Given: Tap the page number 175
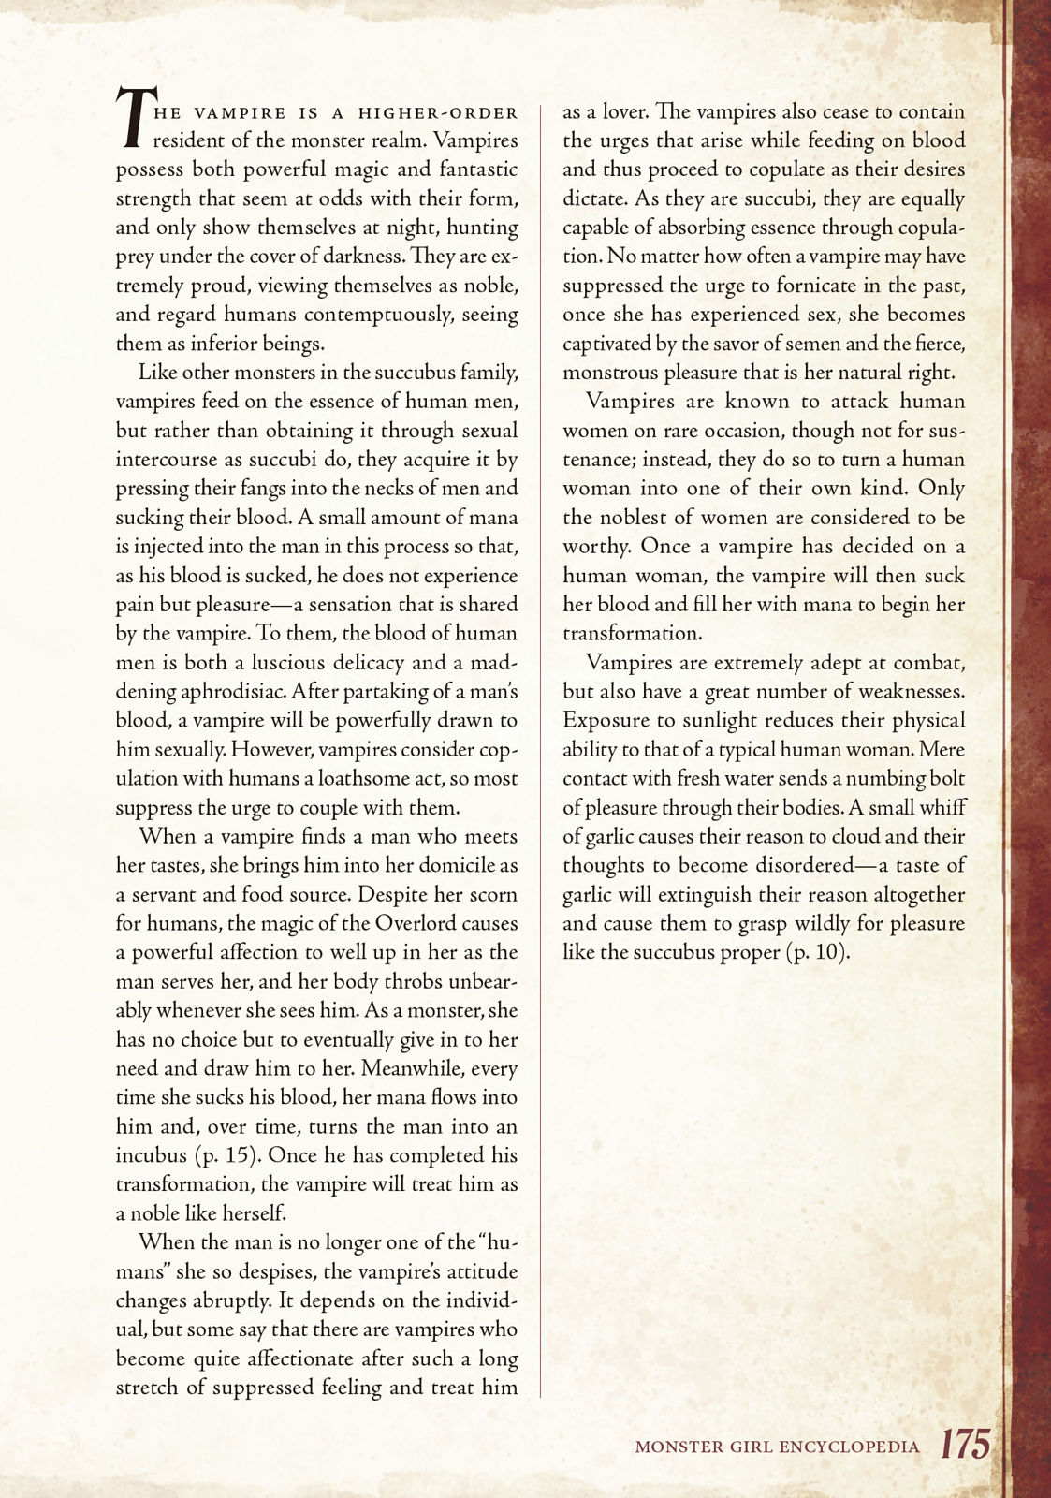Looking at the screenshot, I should pyautogui.click(x=965, y=1444).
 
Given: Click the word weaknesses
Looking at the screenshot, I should pyautogui.click(x=907, y=692).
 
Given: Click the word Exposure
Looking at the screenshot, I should pyautogui.click(x=605, y=721).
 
